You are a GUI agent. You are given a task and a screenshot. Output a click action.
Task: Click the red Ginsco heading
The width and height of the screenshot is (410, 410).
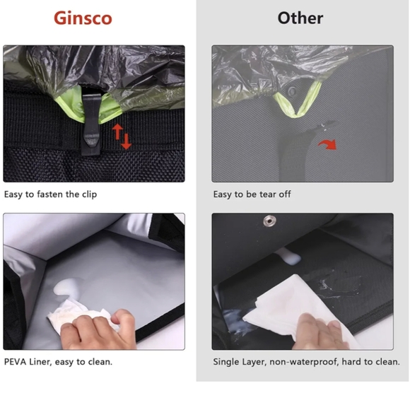tap(83, 18)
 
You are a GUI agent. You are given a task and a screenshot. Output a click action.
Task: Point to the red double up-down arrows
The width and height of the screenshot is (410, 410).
tap(122, 136)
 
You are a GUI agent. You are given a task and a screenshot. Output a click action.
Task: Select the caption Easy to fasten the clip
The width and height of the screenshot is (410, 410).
tap(51, 194)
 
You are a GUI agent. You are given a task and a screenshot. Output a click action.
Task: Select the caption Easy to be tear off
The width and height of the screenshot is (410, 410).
tap(252, 194)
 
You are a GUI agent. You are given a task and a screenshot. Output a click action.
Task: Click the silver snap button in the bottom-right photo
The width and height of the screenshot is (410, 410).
tap(268, 222)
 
